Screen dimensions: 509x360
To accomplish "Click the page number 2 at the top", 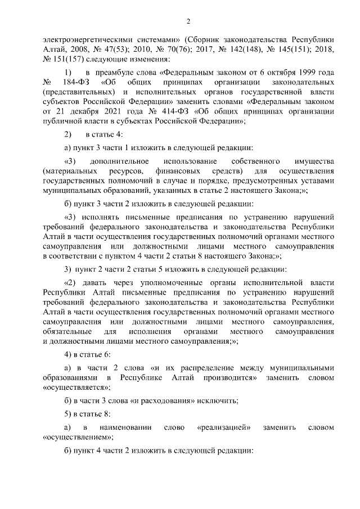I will (189, 22).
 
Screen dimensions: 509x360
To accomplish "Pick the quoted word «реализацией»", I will (224, 428).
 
